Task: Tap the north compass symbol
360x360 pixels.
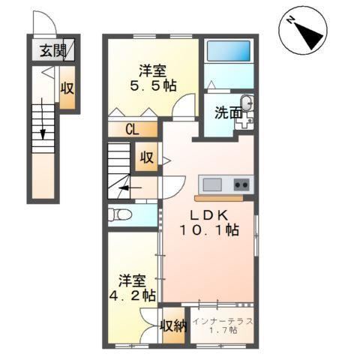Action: click(x=304, y=32)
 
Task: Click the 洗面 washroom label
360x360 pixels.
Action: click(x=227, y=113)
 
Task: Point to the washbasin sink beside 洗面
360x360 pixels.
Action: click(x=247, y=104)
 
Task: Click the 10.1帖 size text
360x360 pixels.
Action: click(x=209, y=230)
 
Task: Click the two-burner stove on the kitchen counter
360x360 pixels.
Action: click(x=241, y=184)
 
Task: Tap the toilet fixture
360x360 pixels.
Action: click(x=119, y=215)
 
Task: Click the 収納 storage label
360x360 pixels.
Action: click(x=173, y=325)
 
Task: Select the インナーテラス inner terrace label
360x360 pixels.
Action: click(x=223, y=322)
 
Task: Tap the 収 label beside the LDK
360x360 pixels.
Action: click(x=146, y=158)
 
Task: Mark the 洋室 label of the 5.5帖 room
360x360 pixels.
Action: click(x=151, y=71)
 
